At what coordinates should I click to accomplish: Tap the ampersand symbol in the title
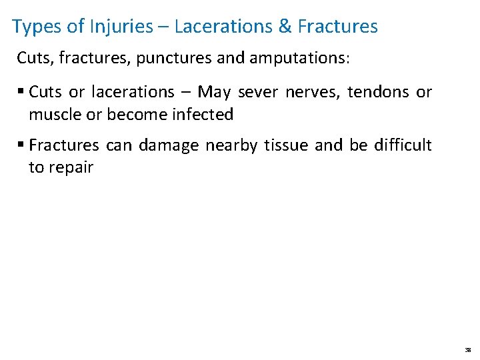click(285, 27)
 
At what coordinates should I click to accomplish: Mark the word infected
click(202, 115)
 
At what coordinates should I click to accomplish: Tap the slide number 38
click(467, 349)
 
